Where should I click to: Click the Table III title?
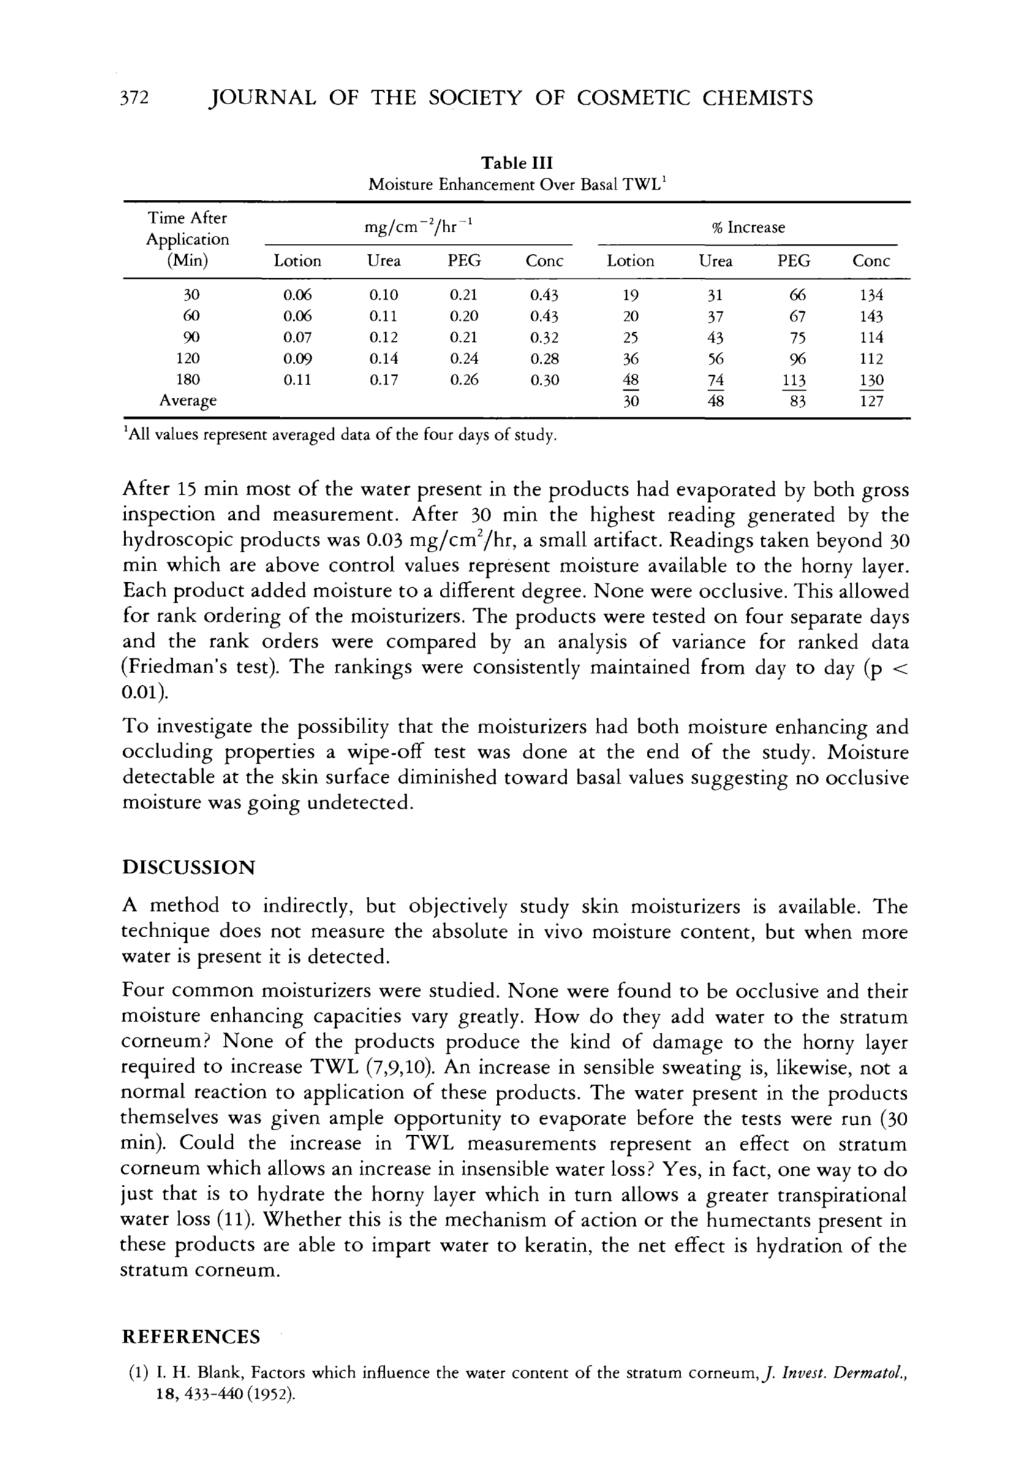coord(517,163)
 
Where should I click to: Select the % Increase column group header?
coord(748,227)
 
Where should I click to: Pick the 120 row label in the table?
coord(188,359)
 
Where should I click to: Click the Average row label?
coord(188,401)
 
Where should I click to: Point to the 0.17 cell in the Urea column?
coord(384,380)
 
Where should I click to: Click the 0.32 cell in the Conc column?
coord(544,338)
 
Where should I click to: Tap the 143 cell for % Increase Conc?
coord(871,316)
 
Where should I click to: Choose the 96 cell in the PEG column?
coord(795,359)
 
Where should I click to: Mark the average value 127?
coord(871,401)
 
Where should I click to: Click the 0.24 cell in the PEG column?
coord(464,359)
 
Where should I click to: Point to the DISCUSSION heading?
coord(188,867)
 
